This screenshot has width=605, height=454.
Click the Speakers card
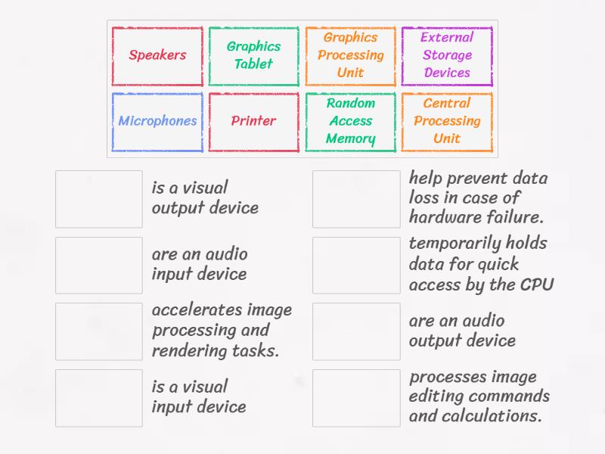point(157,55)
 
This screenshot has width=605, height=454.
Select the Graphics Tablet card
point(253,55)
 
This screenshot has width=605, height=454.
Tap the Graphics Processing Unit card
point(350,55)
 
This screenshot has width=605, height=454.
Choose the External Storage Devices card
point(447,55)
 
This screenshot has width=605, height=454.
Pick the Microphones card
point(157,121)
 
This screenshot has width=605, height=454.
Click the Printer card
point(253,121)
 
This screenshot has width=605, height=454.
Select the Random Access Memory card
point(350,121)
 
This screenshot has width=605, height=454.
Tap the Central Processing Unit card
point(447,121)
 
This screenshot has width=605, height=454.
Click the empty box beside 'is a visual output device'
point(99,199)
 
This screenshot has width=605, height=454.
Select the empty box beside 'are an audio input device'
point(99,265)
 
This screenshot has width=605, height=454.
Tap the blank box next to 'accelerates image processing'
point(99,331)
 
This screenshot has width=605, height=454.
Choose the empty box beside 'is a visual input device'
point(99,397)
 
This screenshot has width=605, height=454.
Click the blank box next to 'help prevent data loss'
point(356,199)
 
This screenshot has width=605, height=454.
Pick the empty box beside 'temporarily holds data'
point(356,265)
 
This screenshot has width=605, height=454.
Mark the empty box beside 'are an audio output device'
point(356,331)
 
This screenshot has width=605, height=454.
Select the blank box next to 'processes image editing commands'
point(356,397)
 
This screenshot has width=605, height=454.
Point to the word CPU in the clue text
point(537,285)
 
